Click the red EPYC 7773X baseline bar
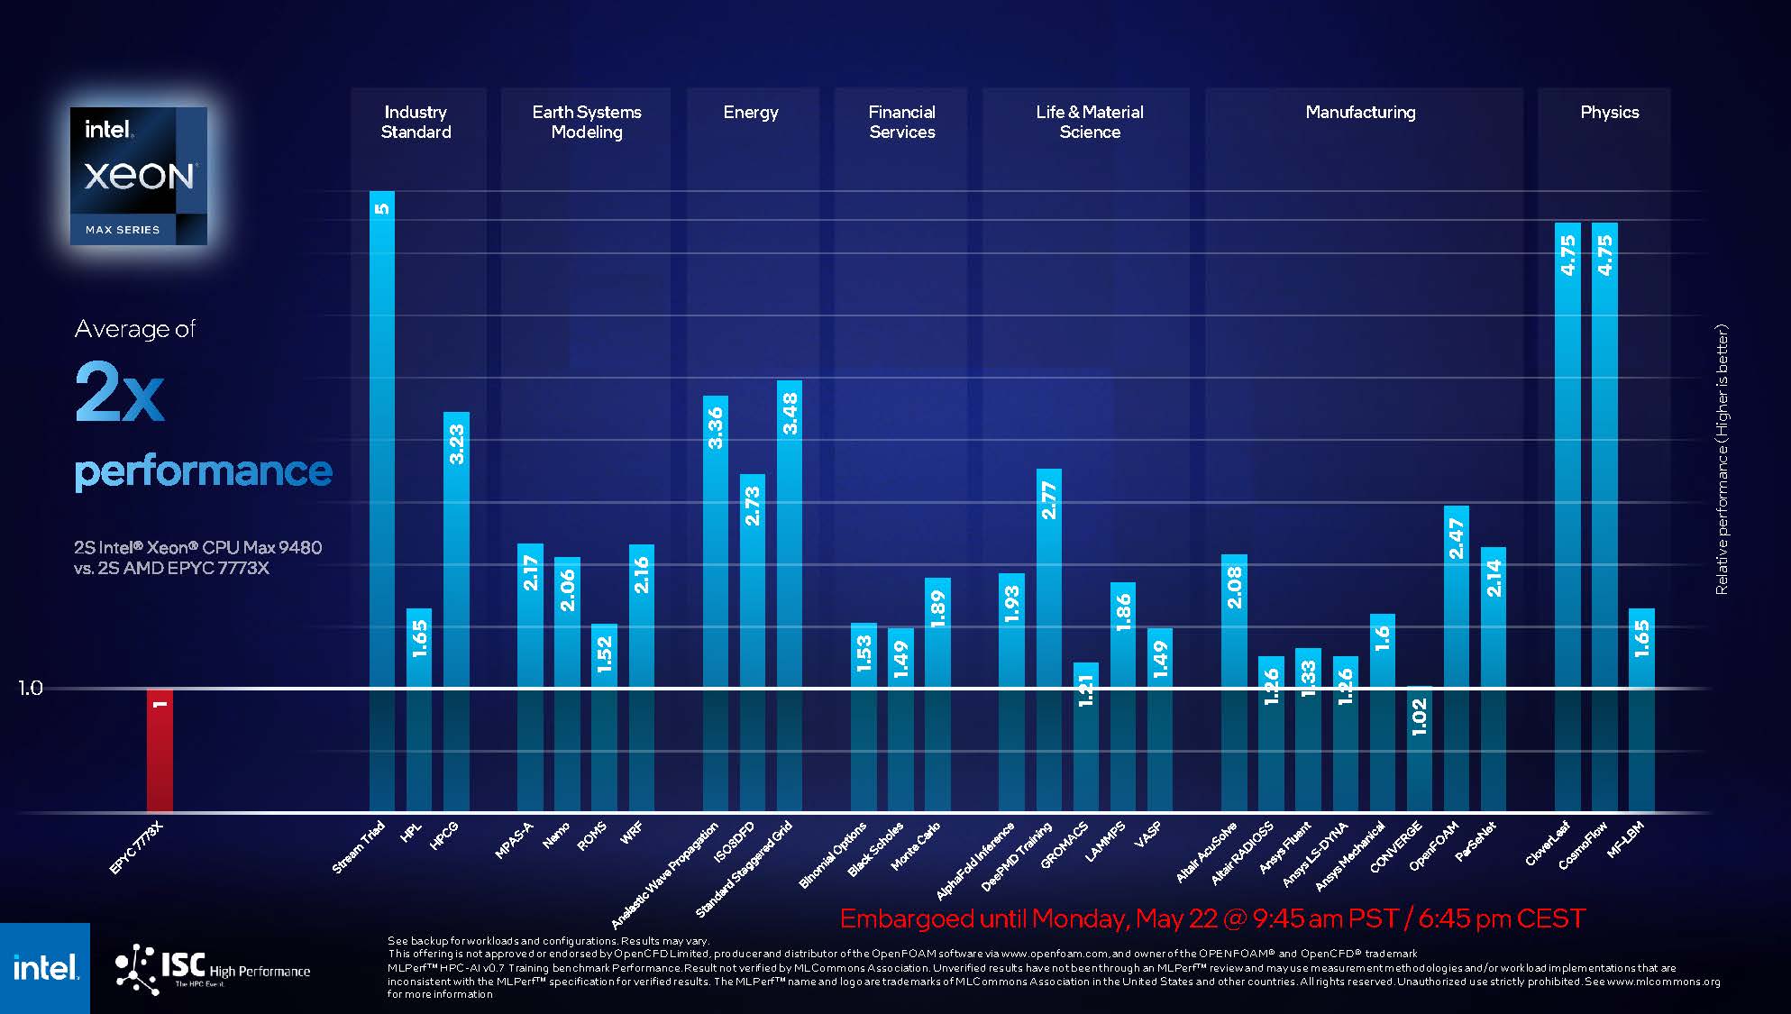pyautogui.click(x=160, y=750)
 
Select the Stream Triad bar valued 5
pyautogui.click(x=382, y=500)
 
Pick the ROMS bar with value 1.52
pyautogui.click(x=604, y=717)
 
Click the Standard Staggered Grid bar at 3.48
pyautogui.click(x=790, y=595)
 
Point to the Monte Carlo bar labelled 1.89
pyautogui.click(x=937, y=694)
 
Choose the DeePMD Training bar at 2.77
pyautogui.click(x=1049, y=640)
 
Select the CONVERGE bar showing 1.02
pyautogui.click(x=1419, y=748)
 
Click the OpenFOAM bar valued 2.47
pyautogui.click(x=1456, y=658)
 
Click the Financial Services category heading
pyautogui.click(x=901, y=122)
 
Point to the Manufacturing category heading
pyautogui.click(x=1360, y=113)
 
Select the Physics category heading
pyautogui.click(x=1609, y=113)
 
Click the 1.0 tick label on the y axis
pyautogui.click(x=31, y=689)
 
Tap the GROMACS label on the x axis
pyautogui.click(x=1065, y=845)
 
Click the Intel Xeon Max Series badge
pyautogui.click(x=139, y=176)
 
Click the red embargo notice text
pyautogui.click(x=1211, y=918)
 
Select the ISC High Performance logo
pyautogui.click(x=213, y=969)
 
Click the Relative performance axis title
pyautogui.click(x=1722, y=460)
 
